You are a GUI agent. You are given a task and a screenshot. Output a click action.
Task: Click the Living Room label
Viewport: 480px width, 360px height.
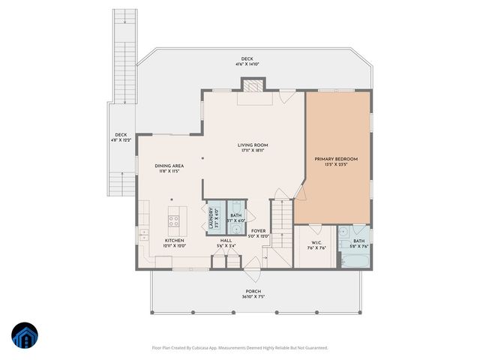[253, 145]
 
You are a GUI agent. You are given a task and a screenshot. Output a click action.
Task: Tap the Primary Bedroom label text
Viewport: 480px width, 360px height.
[335, 159]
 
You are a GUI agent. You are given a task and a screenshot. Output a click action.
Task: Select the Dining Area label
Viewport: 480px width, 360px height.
[169, 166]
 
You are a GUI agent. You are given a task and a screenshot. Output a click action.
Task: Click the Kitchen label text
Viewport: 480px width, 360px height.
[175, 241]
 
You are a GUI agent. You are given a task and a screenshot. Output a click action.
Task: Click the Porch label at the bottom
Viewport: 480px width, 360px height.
[253, 291]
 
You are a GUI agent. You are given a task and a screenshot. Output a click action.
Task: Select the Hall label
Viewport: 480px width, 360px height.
[226, 241]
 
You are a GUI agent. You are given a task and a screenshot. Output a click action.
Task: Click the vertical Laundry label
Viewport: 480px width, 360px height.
[211, 217]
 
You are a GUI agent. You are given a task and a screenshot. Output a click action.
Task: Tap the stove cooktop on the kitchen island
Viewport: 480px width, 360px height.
[173, 220]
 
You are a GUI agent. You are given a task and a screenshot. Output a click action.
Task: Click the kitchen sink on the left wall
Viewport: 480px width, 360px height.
[142, 235]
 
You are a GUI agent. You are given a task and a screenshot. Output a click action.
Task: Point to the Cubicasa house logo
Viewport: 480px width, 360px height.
[24, 335]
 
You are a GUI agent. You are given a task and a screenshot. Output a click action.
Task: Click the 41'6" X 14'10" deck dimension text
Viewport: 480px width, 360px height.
[247, 64]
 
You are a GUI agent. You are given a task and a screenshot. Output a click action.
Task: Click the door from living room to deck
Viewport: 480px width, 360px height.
[287, 96]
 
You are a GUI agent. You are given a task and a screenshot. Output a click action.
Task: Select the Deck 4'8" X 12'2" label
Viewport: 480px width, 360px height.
[121, 137]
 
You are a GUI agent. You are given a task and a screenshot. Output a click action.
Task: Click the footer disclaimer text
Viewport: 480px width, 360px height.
[240, 347]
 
